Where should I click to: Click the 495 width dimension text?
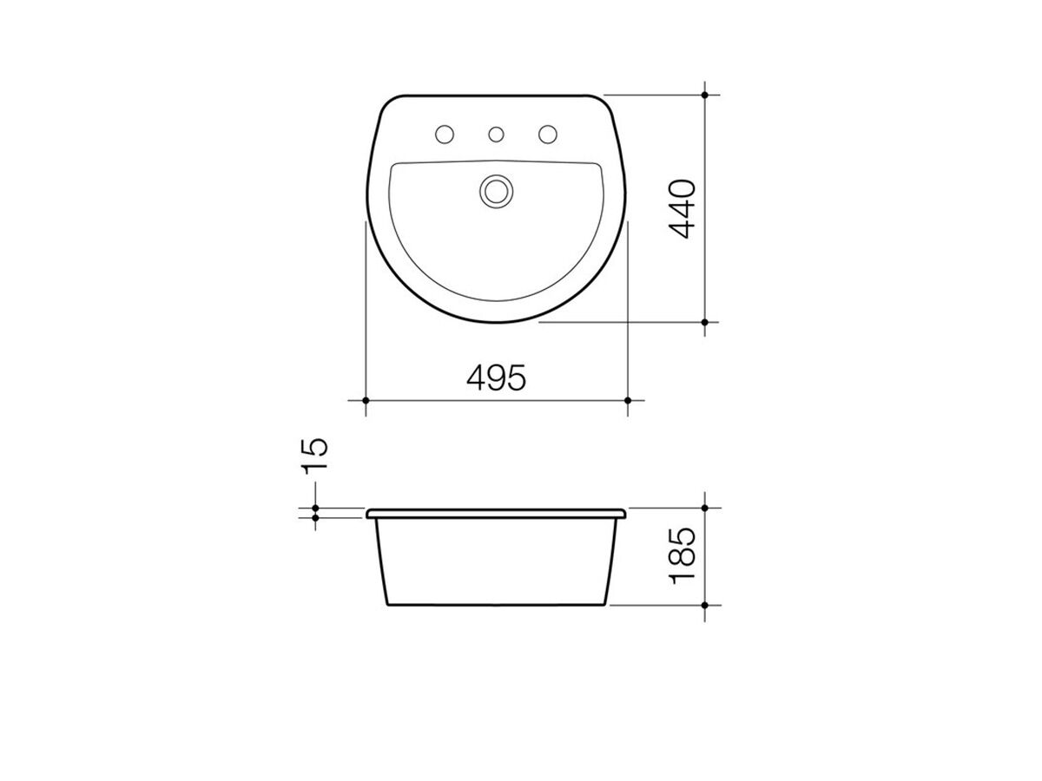496,377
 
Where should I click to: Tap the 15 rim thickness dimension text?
315,454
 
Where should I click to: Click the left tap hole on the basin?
444,135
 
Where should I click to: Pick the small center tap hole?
497,135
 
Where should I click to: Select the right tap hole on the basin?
548,135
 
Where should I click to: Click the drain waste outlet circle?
497,190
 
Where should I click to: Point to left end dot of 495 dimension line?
366,400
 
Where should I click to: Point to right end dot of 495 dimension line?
628,400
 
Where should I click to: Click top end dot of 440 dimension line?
705,94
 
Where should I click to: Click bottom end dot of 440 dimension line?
705,322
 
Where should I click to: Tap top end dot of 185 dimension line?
705,508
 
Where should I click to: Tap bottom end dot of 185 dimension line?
705,604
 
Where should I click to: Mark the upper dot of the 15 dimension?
315,509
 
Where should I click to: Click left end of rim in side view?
369,514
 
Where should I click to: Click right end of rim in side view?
624,514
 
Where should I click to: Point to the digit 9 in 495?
496,377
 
